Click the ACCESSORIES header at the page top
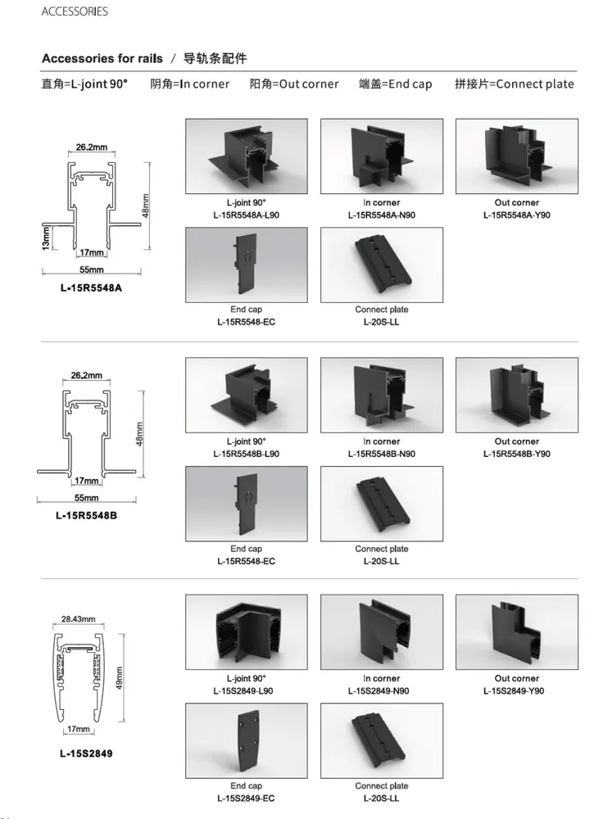coord(75,11)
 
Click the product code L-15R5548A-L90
coord(246,215)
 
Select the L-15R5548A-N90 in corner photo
coord(382,156)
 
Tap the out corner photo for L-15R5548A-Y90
coord(517,156)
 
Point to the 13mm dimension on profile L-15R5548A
coord(46,238)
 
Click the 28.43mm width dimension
coord(79,619)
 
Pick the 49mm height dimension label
coord(119,678)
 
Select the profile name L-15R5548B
coord(86,515)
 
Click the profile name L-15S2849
coord(86,753)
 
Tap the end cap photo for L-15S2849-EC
coord(246,740)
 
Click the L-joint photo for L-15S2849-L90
coord(246,632)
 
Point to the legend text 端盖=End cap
coord(396,84)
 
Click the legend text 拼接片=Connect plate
coord(515,84)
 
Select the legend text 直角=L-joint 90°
coord(84,84)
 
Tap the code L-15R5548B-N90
coord(382,454)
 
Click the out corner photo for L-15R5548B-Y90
coord(517,395)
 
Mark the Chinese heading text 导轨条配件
coord(215,58)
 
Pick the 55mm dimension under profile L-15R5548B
coord(86,498)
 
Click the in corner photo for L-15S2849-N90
coord(382,632)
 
